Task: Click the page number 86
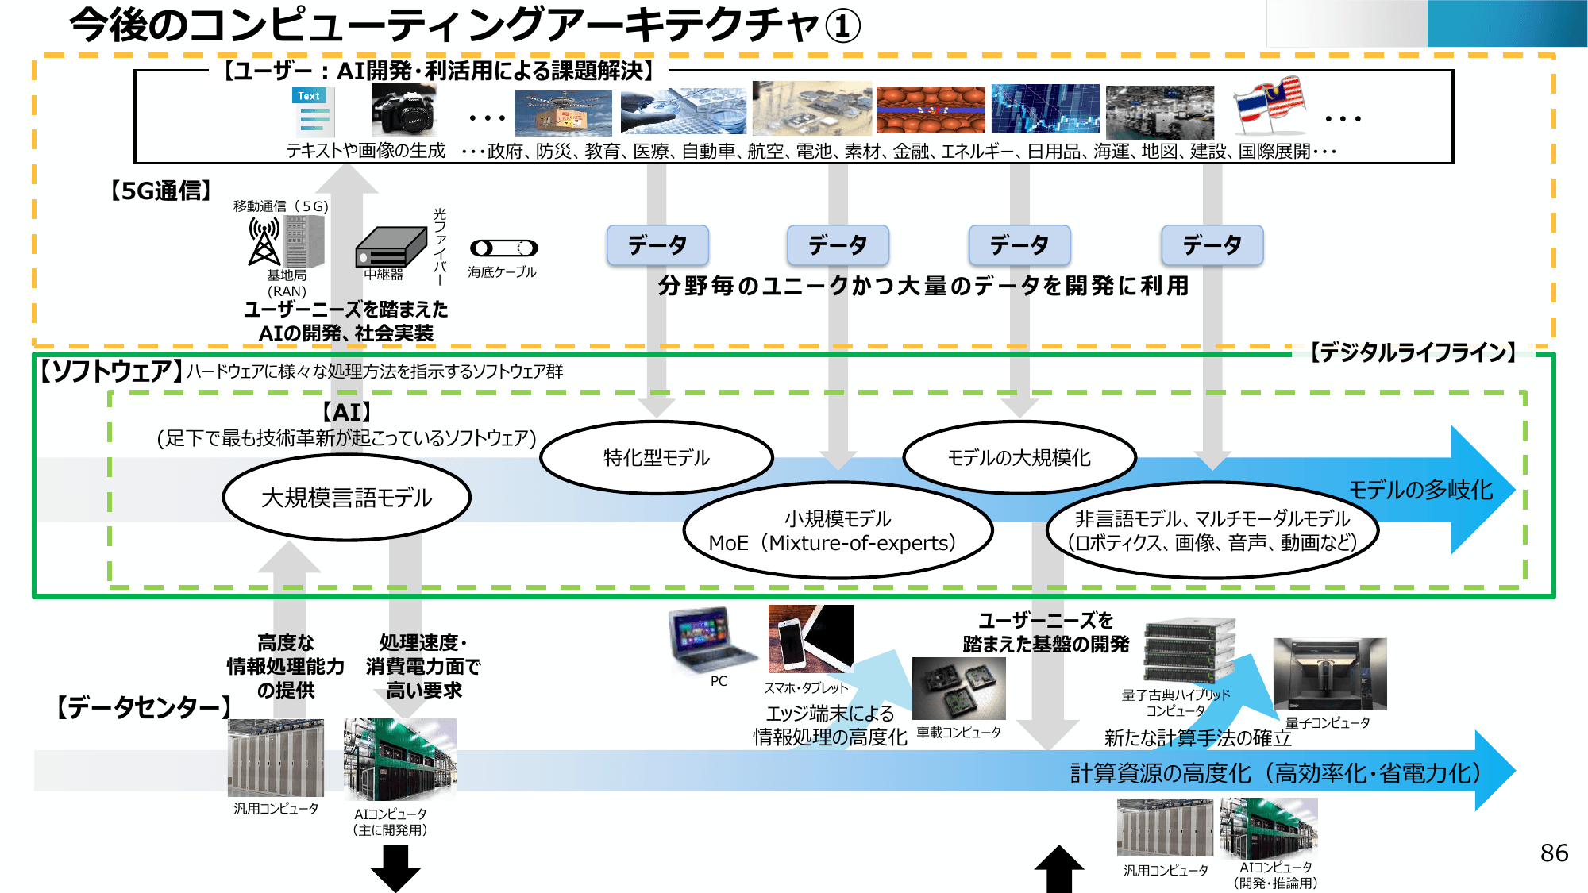[x=1554, y=853]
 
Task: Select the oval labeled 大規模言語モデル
[x=347, y=498]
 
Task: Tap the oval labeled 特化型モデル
[x=657, y=457]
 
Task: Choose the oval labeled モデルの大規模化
[x=1019, y=457]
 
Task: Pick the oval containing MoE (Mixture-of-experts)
[x=837, y=530]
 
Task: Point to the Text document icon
[x=313, y=112]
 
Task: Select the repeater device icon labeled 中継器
[x=391, y=247]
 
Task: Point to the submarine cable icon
[x=503, y=248]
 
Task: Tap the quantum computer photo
[x=1330, y=674]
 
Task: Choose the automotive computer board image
[x=958, y=688]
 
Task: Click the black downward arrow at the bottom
[x=395, y=868]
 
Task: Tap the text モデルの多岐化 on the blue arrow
[x=1420, y=490]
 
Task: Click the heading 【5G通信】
[x=161, y=191]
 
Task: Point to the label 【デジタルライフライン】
[x=1413, y=352]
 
